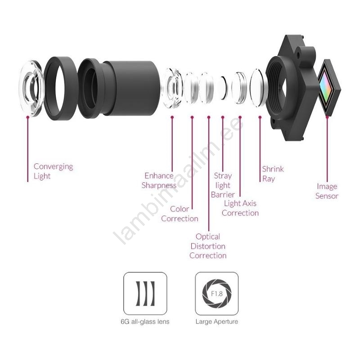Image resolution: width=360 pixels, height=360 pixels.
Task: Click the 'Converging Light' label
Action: [x=53, y=171]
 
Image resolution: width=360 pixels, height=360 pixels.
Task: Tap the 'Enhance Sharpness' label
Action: [x=159, y=180]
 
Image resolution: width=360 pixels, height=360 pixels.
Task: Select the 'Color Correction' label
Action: [x=180, y=214]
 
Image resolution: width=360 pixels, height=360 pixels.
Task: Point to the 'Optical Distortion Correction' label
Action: [x=208, y=246]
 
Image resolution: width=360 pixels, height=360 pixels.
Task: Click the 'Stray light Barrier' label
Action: [x=223, y=185]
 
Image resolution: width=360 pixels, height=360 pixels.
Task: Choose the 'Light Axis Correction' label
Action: [x=240, y=208]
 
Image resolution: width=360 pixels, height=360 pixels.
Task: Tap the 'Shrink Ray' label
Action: [x=273, y=174]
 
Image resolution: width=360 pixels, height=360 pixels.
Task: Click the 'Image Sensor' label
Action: [x=327, y=191]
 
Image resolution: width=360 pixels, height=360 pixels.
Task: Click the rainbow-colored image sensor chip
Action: [x=328, y=87]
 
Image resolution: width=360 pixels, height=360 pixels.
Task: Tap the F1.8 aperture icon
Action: [x=217, y=293]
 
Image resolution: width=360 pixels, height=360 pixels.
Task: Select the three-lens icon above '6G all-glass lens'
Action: [x=145, y=293]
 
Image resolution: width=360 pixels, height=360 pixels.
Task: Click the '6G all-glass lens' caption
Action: [x=145, y=322]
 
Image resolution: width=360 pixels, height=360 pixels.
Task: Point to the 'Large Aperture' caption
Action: [x=217, y=322]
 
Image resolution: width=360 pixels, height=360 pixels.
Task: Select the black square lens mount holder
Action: [x=292, y=88]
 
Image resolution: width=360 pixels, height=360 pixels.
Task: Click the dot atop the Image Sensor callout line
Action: [x=327, y=117]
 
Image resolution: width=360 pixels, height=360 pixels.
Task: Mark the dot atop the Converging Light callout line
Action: [x=28, y=117]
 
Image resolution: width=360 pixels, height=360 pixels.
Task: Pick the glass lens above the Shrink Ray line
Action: [x=259, y=88]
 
